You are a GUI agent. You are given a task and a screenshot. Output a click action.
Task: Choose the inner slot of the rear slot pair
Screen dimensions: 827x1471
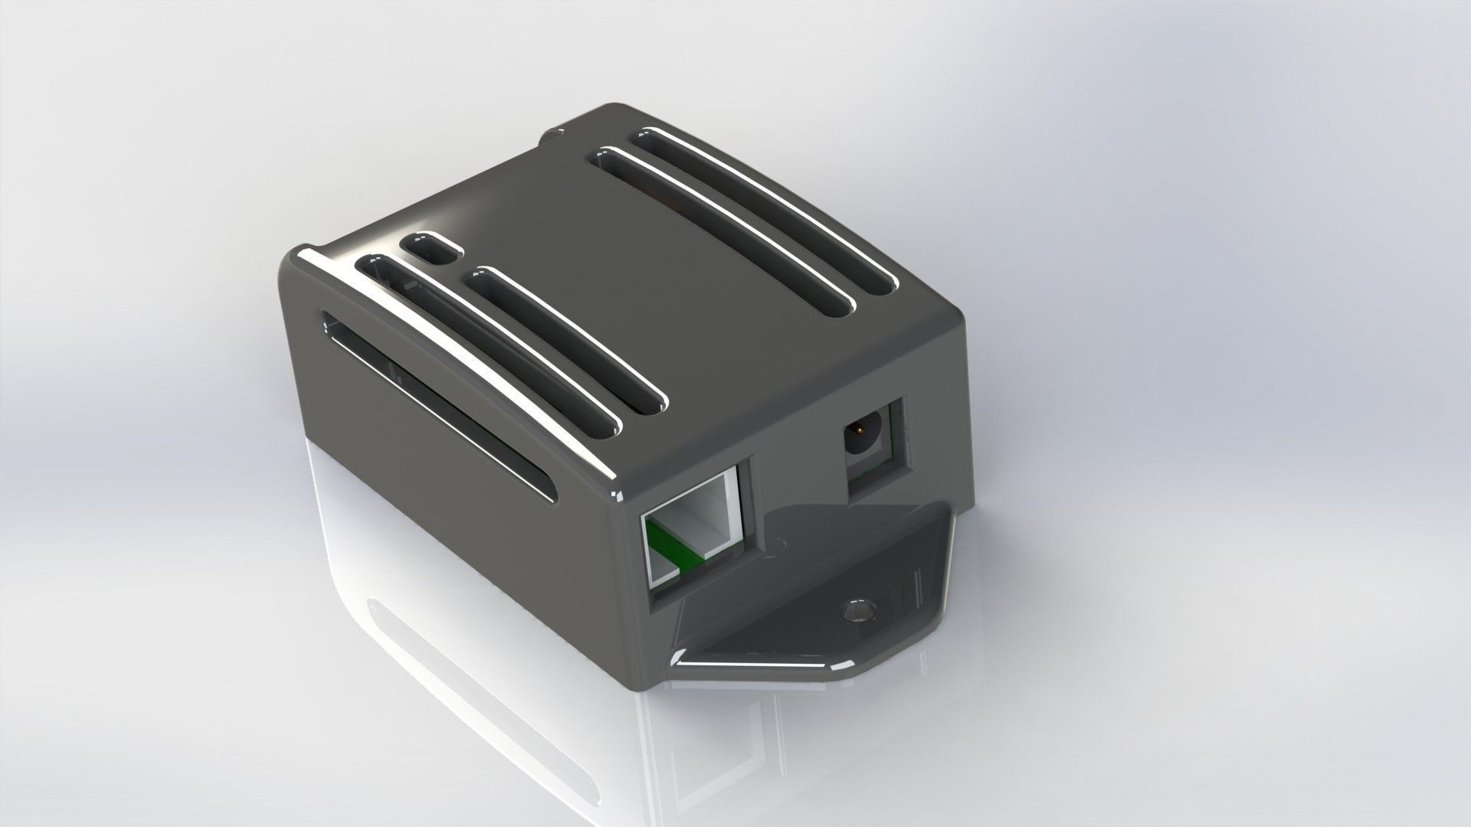(728, 230)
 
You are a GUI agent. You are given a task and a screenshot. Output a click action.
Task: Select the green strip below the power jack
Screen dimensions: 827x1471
(870, 479)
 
